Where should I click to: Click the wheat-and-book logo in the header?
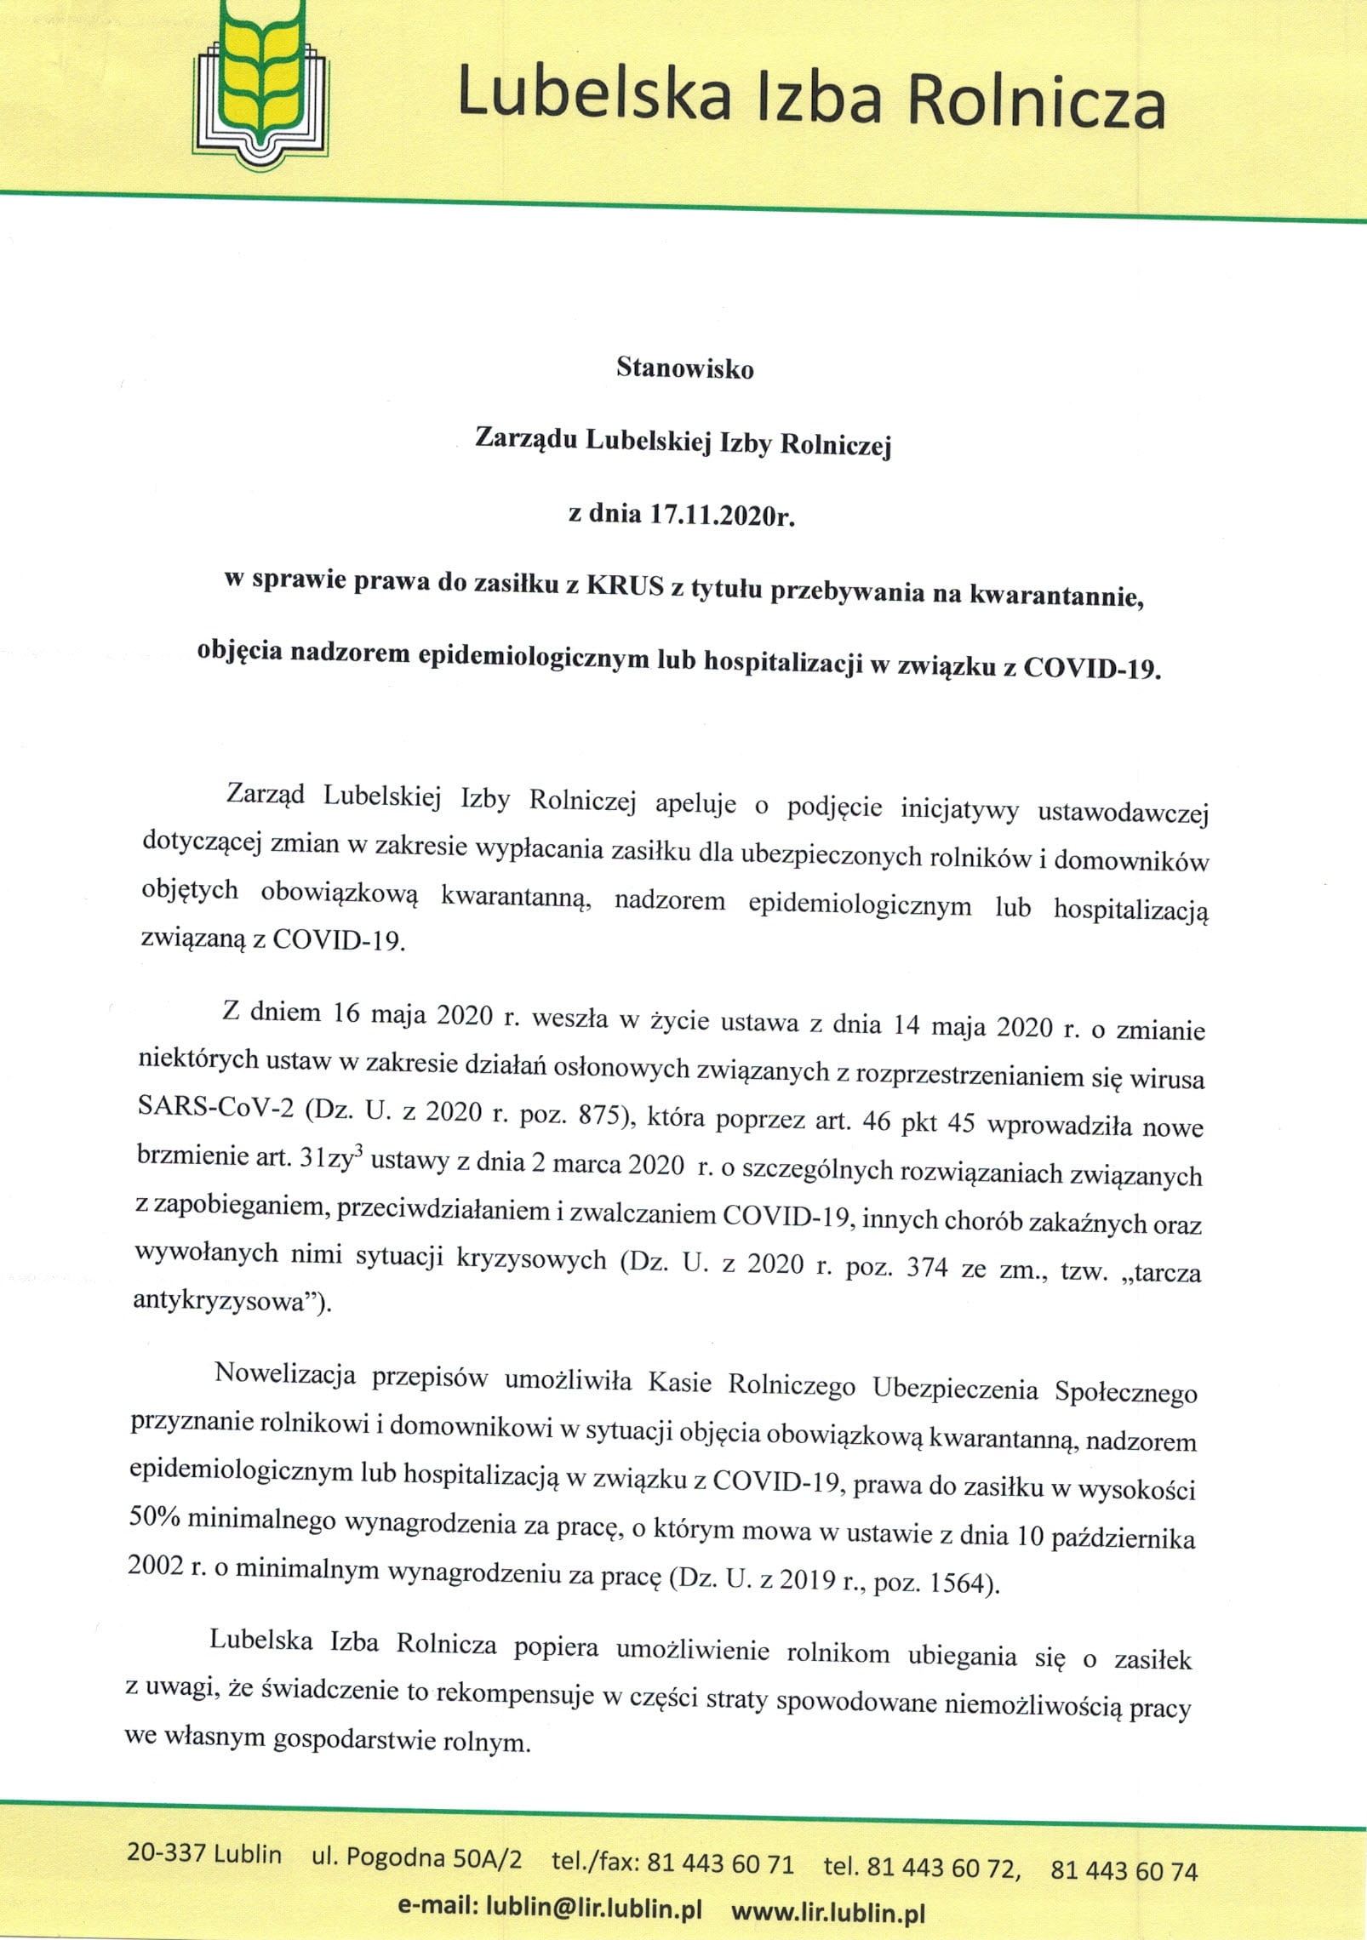tap(261, 86)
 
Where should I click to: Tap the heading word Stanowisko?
tap(684, 368)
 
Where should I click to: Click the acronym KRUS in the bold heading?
tap(625, 587)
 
